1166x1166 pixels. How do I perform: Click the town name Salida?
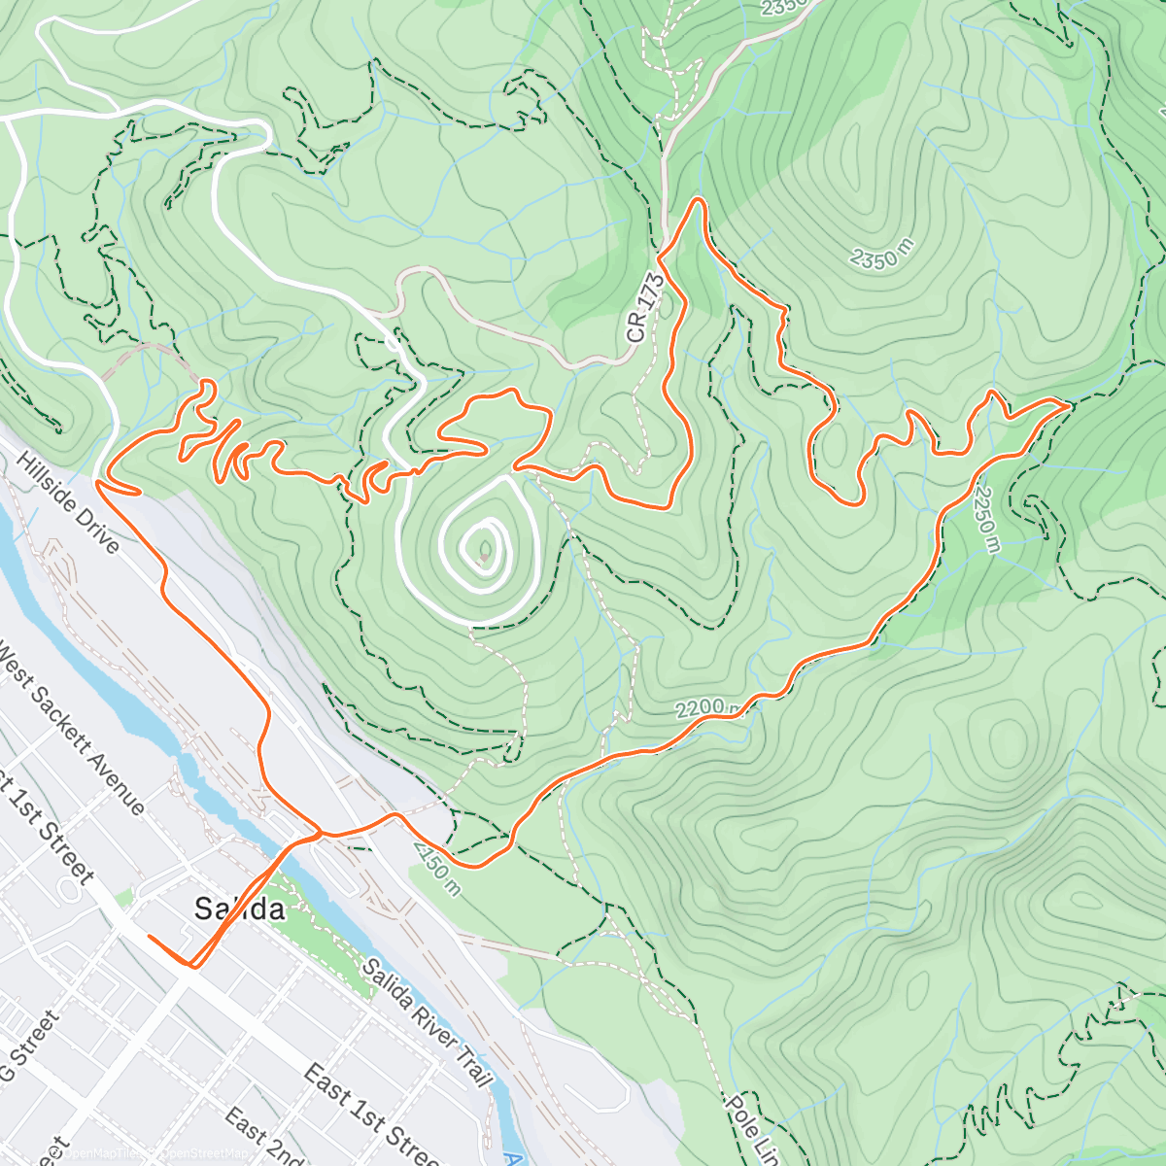coord(239,909)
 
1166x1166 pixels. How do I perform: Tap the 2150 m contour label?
coord(436,871)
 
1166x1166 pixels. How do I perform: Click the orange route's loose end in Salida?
coord(149,937)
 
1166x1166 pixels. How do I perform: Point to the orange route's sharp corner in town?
coord(193,966)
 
